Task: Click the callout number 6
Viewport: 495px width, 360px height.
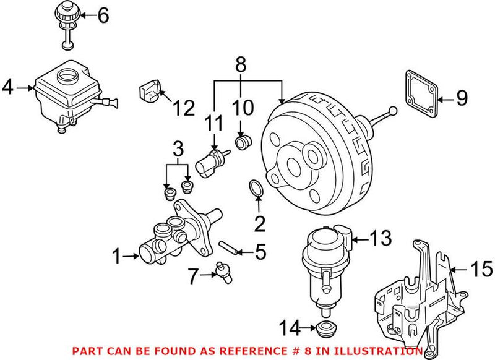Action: click(x=102, y=15)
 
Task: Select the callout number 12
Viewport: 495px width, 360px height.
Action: click(x=183, y=108)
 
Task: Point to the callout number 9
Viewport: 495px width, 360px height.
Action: click(x=461, y=98)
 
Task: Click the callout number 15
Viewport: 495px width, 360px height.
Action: click(x=481, y=269)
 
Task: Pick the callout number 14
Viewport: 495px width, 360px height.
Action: click(x=290, y=325)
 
